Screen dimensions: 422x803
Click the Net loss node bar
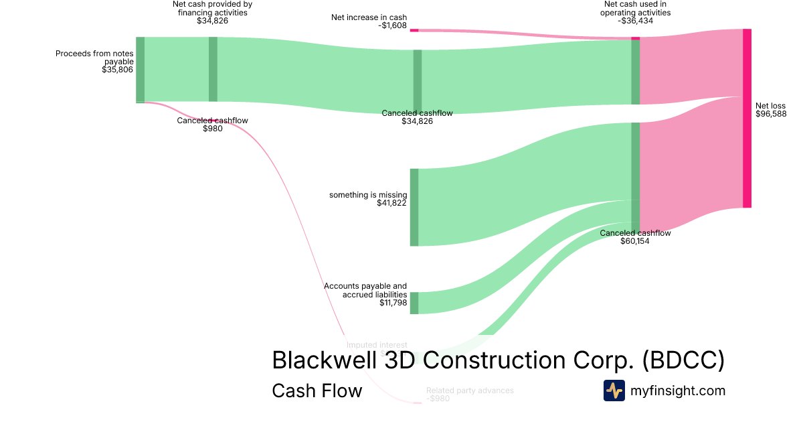click(747, 119)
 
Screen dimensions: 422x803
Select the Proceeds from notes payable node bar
click(140, 70)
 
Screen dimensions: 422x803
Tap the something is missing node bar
click(414, 207)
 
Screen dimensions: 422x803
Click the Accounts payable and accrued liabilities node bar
click(414, 303)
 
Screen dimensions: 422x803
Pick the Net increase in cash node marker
click(414, 30)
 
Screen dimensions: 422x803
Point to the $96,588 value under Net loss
click(771, 114)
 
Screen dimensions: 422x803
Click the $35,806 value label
click(117, 70)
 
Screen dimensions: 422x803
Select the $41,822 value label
click(391, 204)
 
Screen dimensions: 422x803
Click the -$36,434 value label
click(635, 21)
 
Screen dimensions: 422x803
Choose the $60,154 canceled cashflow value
click(634, 241)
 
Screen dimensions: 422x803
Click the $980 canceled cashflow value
click(212, 129)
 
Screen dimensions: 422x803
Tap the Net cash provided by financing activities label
click(212, 8)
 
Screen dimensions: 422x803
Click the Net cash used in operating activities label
click(635, 8)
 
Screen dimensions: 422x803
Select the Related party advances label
click(470, 390)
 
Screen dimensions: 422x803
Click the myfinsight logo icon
click(614, 391)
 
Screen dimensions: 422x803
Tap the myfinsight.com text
click(678, 391)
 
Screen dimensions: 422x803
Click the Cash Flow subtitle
click(317, 391)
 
